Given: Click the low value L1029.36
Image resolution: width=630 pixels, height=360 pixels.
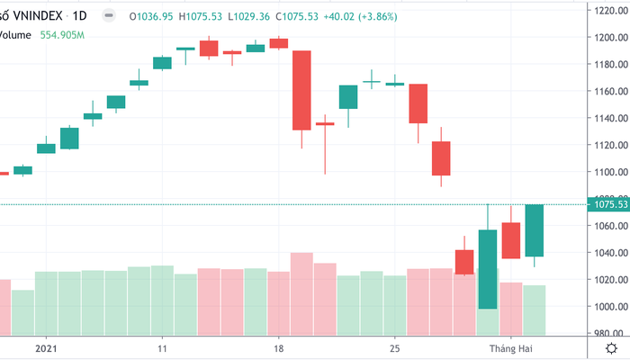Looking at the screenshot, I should coord(253,16).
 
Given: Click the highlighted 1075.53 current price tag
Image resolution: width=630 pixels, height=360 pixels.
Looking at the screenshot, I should coord(609,205).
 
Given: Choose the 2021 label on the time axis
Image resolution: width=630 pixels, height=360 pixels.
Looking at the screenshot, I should coord(45,347).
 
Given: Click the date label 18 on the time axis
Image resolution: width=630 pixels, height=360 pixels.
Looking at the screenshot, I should coord(279,347).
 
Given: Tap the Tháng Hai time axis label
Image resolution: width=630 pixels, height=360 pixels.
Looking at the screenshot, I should coord(511,347).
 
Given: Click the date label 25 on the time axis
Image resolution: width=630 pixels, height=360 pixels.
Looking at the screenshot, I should coord(395,347).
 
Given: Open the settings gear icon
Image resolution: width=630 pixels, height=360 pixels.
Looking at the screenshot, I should coord(612,347).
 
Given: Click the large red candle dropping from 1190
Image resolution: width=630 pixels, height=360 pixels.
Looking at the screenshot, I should coord(301,90).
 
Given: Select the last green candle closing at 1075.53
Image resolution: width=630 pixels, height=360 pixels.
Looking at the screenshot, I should coord(534,230).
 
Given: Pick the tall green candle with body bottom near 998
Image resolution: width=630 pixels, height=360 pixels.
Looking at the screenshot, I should coord(488,269).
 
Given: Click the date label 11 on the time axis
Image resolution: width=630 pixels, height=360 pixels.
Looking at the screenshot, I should coord(162,347).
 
